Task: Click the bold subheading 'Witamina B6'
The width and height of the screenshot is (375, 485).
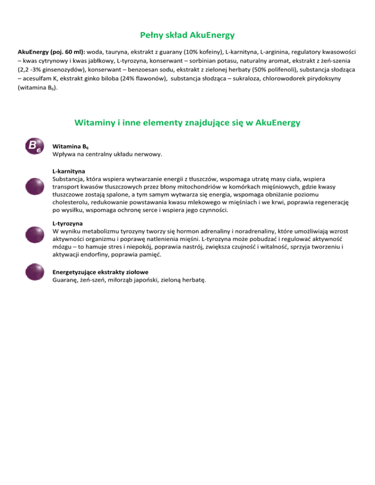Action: [x=70, y=147]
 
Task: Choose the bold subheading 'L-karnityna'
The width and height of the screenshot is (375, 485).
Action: [x=69, y=172]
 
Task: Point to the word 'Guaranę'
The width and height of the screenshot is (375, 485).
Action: [x=66, y=280]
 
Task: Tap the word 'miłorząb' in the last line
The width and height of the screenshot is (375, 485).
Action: [x=119, y=280]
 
